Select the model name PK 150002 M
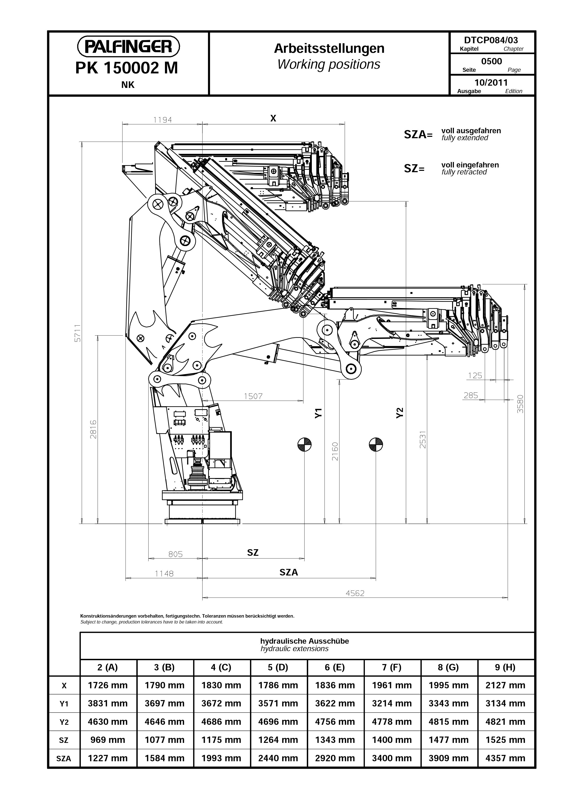tap(127, 68)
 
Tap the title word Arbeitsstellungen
tap(329, 49)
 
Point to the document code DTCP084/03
tap(491, 40)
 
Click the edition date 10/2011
tap(491, 82)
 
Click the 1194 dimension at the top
tap(162, 120)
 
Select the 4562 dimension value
tap(355, 593)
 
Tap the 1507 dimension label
tap(253, 396)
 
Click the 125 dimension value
tap(475, 376)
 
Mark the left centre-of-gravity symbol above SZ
tap(304, 444)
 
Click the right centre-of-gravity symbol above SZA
tap(376, 444)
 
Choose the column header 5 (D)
tap(278, 667)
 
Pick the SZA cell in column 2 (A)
tap(108, 758)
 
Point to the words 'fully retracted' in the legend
tap(464, 172)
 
